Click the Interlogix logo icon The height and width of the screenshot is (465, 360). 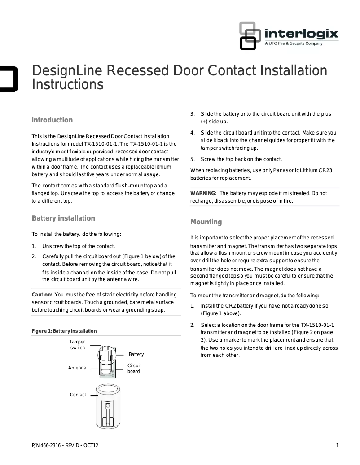(x=247, y=35)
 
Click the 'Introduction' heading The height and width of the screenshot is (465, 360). (x=52, y=120)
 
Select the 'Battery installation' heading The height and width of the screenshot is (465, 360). (x=63, y=218)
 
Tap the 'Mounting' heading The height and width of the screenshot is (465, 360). (x=206, y=222)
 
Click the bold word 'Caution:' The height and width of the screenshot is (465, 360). (x=42, y=295)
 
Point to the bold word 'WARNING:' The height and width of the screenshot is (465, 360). (x=203, y=193)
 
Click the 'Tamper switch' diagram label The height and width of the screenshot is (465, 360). (x=77, y=345)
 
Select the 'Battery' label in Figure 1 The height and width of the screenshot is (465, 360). (x=136, y=355)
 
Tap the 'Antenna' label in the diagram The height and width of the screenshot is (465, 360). (x=77, y=368)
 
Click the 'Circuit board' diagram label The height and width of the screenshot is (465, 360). (x=134, y=369)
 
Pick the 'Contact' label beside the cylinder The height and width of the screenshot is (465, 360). (x=78, y=395)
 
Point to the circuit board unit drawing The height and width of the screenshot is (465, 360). (x=107, y=361)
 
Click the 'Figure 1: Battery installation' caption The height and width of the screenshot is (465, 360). (x=64, y=331)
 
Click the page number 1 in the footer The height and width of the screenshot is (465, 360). (x=337, y=445)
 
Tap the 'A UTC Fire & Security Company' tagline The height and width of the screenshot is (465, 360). (x=294, y=43)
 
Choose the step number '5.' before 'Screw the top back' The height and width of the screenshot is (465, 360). (x=192, y=159)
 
